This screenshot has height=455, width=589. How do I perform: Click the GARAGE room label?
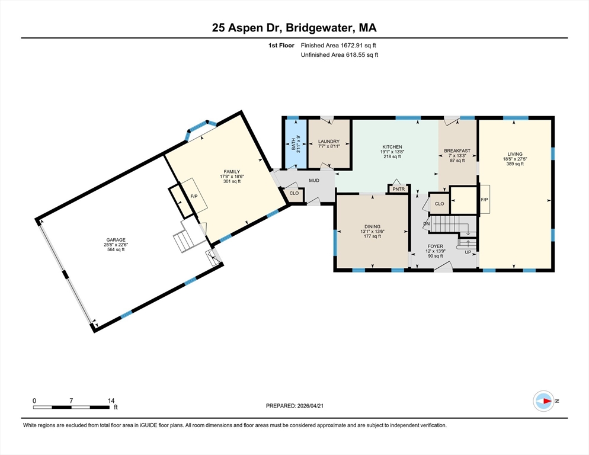tap(116, 240)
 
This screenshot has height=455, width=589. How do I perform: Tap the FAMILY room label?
tap(232, 172)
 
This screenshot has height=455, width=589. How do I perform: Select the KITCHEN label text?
tap(392, 147)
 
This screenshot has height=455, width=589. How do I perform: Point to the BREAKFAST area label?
tap(457, 150)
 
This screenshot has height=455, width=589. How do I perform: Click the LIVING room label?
tap(515, 154)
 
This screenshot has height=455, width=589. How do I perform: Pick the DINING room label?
tap(372, 226)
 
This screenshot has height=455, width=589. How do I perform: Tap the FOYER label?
tap(436, 246)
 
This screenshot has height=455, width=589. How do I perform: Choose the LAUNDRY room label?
tap(329, 142)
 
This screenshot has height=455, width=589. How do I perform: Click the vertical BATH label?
tap(293, 145)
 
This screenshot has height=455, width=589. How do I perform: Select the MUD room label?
tap(314, 180)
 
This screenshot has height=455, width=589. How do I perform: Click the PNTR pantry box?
tap(399, 189)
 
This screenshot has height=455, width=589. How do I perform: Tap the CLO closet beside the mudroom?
tap(294, 193)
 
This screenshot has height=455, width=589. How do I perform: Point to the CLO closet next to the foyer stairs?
tap(439, 204)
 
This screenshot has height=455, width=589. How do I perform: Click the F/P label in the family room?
tap(194, 196)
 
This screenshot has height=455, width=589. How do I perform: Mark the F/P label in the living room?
tap(485, 200)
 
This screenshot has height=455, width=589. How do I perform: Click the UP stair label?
tap(468, 252)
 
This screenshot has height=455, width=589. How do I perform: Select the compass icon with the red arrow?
tap(543, 401)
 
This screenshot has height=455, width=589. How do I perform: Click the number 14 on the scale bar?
tap(111, 401)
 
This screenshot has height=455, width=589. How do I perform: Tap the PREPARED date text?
tap(294, 406)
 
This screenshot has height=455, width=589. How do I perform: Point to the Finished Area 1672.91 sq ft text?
tap(338, 46)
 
